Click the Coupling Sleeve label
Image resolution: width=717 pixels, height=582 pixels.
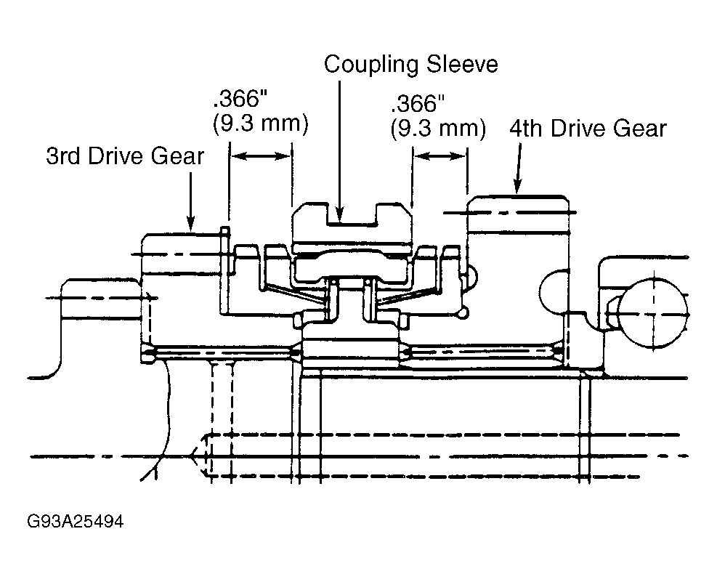(x=410, y=65)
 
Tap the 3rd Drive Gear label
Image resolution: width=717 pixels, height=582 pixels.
(x=125, y=156)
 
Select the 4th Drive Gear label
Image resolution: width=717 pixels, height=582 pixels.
(x=588, y=129)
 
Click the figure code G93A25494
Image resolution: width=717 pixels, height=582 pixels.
(x=75, y=521)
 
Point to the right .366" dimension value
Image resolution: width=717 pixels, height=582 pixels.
(x=418, y=104)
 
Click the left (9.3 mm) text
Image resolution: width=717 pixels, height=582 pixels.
(x=261, y=124)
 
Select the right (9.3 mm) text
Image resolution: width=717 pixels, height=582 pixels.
(x=438, y=129)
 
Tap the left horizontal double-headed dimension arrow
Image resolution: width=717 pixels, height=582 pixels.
(x=260, y=156)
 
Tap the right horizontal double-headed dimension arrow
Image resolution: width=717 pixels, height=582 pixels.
(x=440, y=156)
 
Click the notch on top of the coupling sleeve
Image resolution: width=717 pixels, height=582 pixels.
(x=352, y=215)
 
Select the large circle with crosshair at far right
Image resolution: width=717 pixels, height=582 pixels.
(x=654, y=315)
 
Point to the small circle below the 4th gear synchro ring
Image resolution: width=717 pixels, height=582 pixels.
(x=463, y=313)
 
